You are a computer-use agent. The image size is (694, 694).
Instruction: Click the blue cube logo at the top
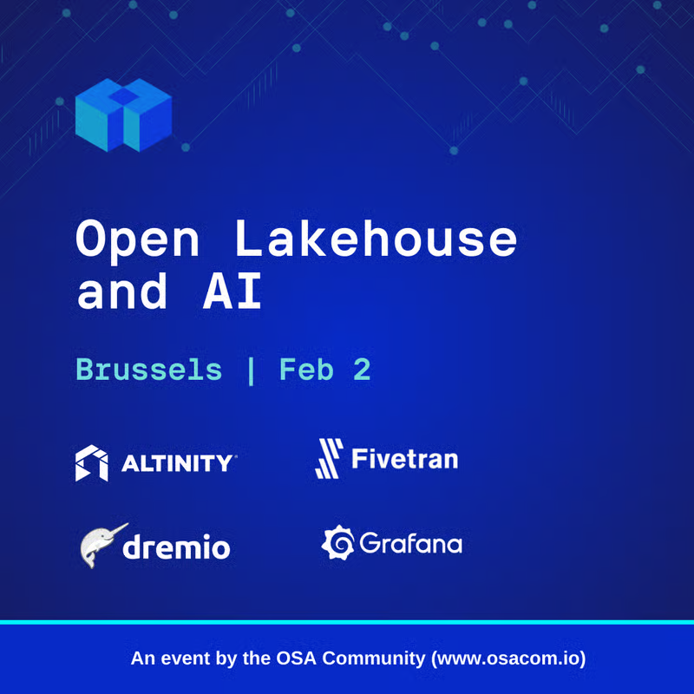(123, 115)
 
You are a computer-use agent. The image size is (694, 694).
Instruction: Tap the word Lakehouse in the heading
(376, 239)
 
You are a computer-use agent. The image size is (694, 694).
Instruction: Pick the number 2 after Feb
(362, 370)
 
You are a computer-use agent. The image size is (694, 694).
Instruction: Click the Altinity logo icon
(91, 463)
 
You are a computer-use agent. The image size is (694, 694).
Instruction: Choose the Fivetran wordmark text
(404, 458)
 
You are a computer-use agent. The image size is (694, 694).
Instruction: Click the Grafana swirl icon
(337, 542)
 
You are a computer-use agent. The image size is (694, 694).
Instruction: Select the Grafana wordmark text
(410, 544)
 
